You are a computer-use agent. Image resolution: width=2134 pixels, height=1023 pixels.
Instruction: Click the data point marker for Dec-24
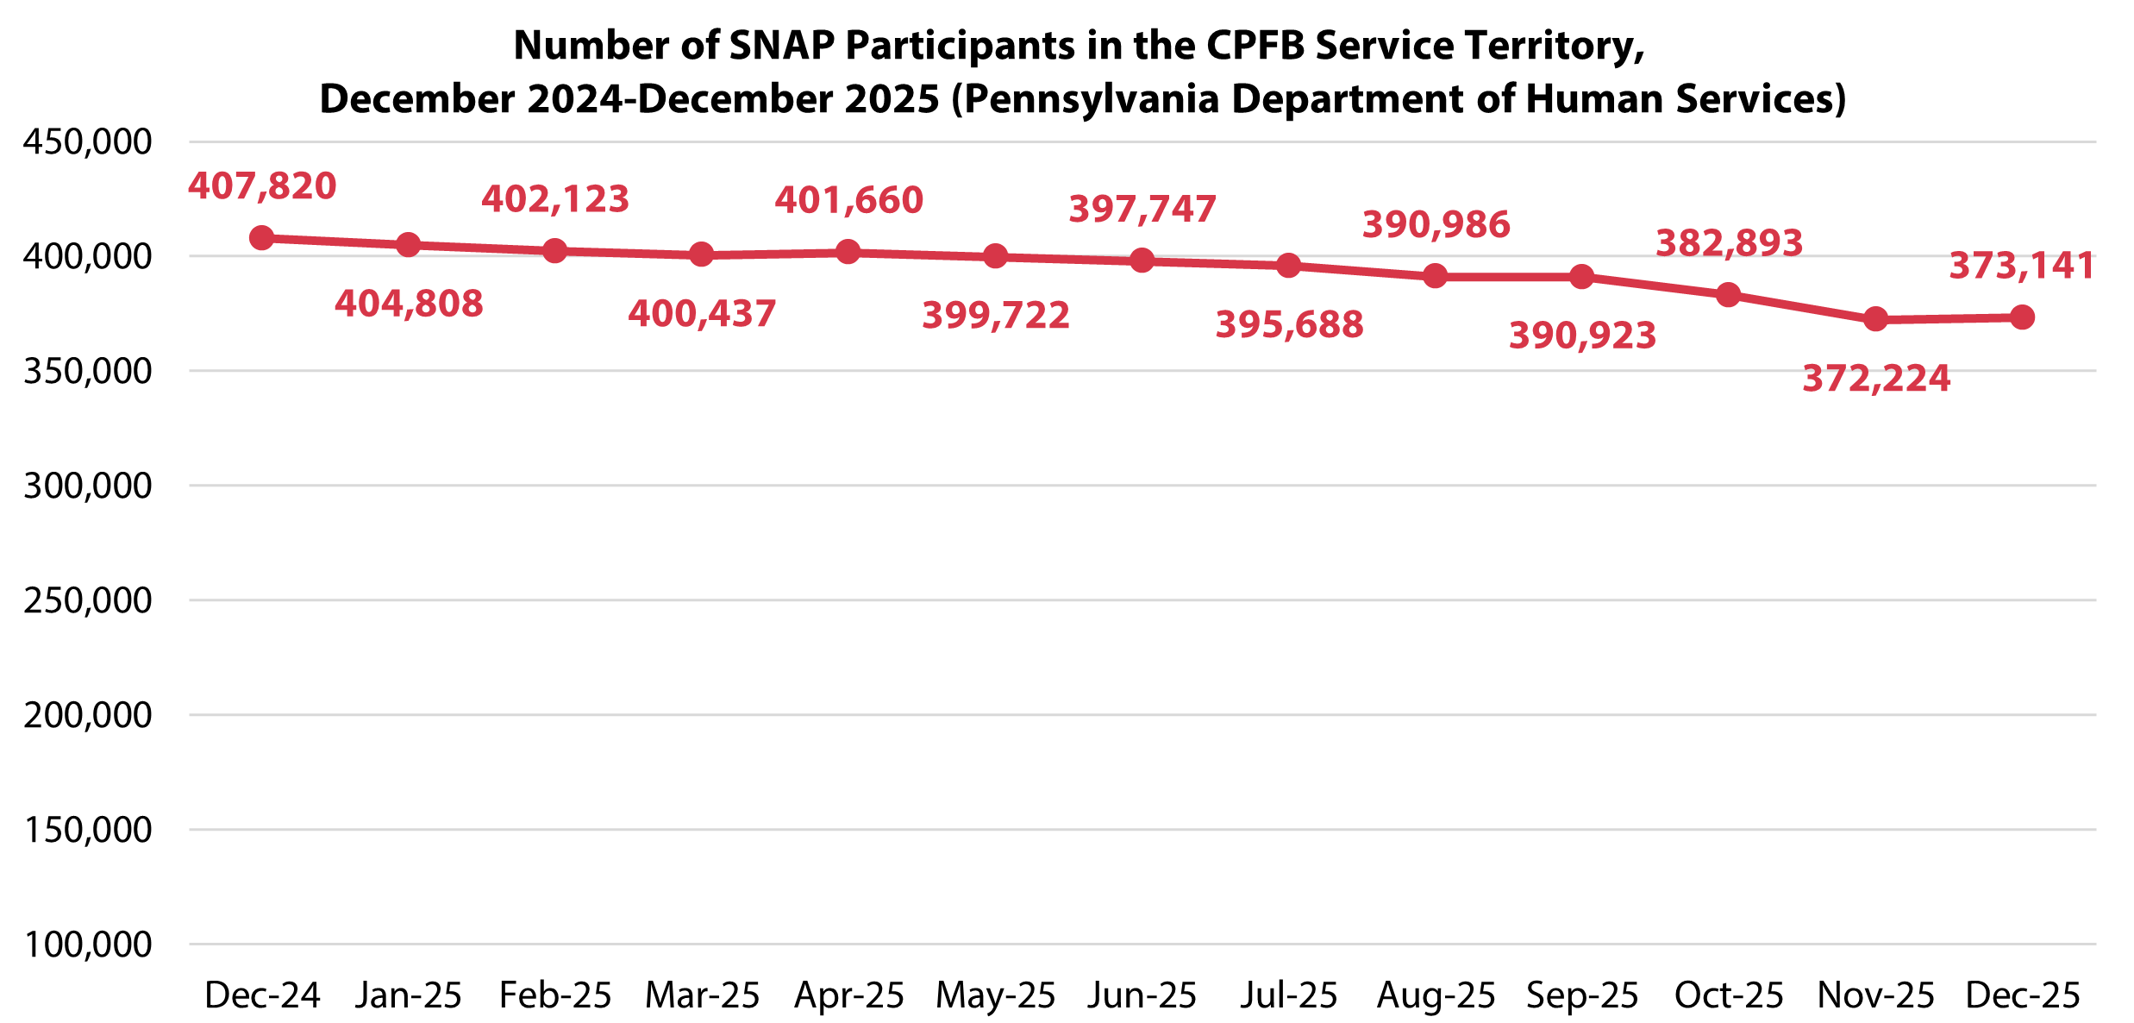(x=262, y=238)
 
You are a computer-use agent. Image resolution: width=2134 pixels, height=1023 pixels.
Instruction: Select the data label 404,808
(x=409, y=304)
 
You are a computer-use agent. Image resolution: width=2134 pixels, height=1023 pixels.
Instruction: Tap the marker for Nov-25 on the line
(x=1875, y=320)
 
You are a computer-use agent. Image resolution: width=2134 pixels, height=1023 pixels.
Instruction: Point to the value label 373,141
(x=2022, y=266)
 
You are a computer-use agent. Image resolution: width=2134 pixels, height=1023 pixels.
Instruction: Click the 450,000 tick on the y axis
(x=87, y=141)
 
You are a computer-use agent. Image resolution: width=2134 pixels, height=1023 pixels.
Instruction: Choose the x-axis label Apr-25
(x=848, y=995)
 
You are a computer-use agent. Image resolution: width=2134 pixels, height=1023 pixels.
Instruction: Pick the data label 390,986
(x=1436, y=224)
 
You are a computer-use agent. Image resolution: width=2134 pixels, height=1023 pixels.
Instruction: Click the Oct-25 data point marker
(x=1729, y=295)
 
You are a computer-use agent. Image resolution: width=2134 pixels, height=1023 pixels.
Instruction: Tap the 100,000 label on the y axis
(x=87, y=945)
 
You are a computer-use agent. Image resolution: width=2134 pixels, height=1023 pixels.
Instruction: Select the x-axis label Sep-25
(x=1582, y=995)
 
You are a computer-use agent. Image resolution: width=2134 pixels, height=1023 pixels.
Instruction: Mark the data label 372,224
(x=1876, y=379)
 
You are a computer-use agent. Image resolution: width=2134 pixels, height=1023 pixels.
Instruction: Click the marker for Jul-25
(x=1289, y=266)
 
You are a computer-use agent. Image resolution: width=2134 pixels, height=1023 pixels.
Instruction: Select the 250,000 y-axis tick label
(x=87, y=600)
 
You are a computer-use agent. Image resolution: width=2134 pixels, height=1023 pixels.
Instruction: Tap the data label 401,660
(x=848, y=200)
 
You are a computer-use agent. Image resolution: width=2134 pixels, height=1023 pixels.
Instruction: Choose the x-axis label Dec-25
(x=2023, y=995)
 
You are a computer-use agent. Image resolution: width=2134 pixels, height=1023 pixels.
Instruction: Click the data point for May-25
(x=996, y=257)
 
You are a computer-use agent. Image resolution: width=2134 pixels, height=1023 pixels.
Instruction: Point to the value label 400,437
(x=702, y=314)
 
